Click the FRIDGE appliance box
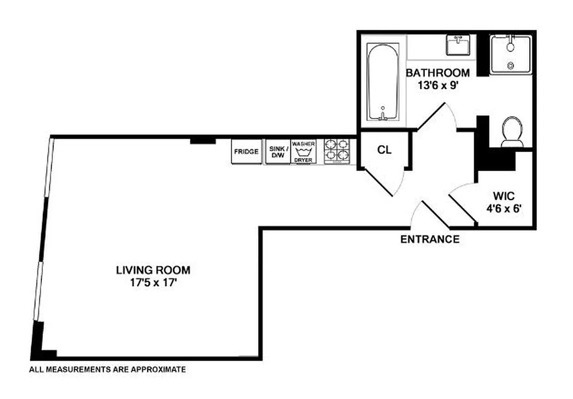click(x=246, y=152)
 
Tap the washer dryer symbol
click(x=303, y=152)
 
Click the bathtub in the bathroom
click(x=383, y=82)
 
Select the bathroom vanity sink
click(x=458, y=46)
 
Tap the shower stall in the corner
click(x=510, y=54)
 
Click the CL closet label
click(x=384, y=150)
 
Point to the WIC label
click(x=504, y=195)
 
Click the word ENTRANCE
click(x=430, y=239)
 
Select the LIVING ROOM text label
click(x=153, y=270)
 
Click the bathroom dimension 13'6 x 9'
click(x=438, y=85)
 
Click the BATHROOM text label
click(x=438, y=73)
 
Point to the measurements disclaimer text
click(x=107, y=370)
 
